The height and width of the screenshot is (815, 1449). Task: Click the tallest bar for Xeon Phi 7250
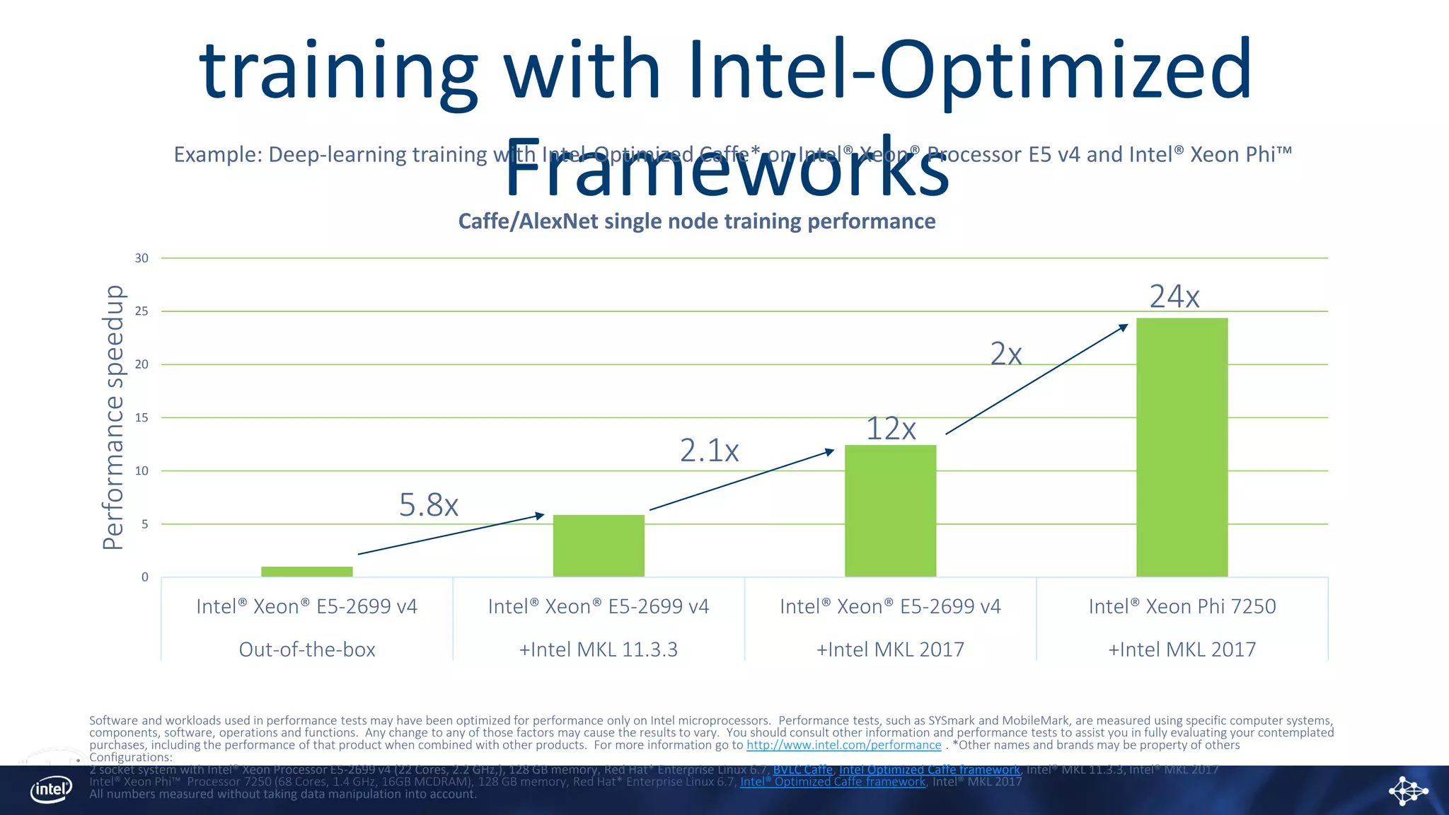point(1182,447)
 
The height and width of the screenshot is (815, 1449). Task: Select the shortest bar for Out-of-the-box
point(306,572)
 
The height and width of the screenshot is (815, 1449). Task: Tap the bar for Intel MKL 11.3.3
point(599,545)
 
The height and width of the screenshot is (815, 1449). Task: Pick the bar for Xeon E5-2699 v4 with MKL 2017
point(890,511)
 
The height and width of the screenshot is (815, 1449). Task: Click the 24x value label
point(1174,296)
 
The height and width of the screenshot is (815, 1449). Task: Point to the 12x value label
point(891,429)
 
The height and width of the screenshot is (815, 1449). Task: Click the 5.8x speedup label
point(429,505)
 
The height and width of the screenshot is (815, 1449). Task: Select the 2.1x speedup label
point(709,451)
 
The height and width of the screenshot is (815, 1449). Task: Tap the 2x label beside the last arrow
point(1005,354)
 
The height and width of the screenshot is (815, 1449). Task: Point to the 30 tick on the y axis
point(142,258)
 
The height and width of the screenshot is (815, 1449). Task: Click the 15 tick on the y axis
point(142,418)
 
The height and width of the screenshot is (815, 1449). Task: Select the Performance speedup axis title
point(113,417)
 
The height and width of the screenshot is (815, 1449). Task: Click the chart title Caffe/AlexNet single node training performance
point(696,221)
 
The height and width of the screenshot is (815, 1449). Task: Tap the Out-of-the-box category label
point(307,649)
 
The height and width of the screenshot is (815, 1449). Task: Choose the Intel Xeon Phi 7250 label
point(1182,606)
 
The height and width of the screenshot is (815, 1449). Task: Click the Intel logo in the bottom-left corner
point(51,789)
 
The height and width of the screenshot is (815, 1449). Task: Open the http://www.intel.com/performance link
point(843,745)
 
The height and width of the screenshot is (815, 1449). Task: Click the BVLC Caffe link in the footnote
point(802,770)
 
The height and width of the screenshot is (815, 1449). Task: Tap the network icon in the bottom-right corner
point(1408,790)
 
